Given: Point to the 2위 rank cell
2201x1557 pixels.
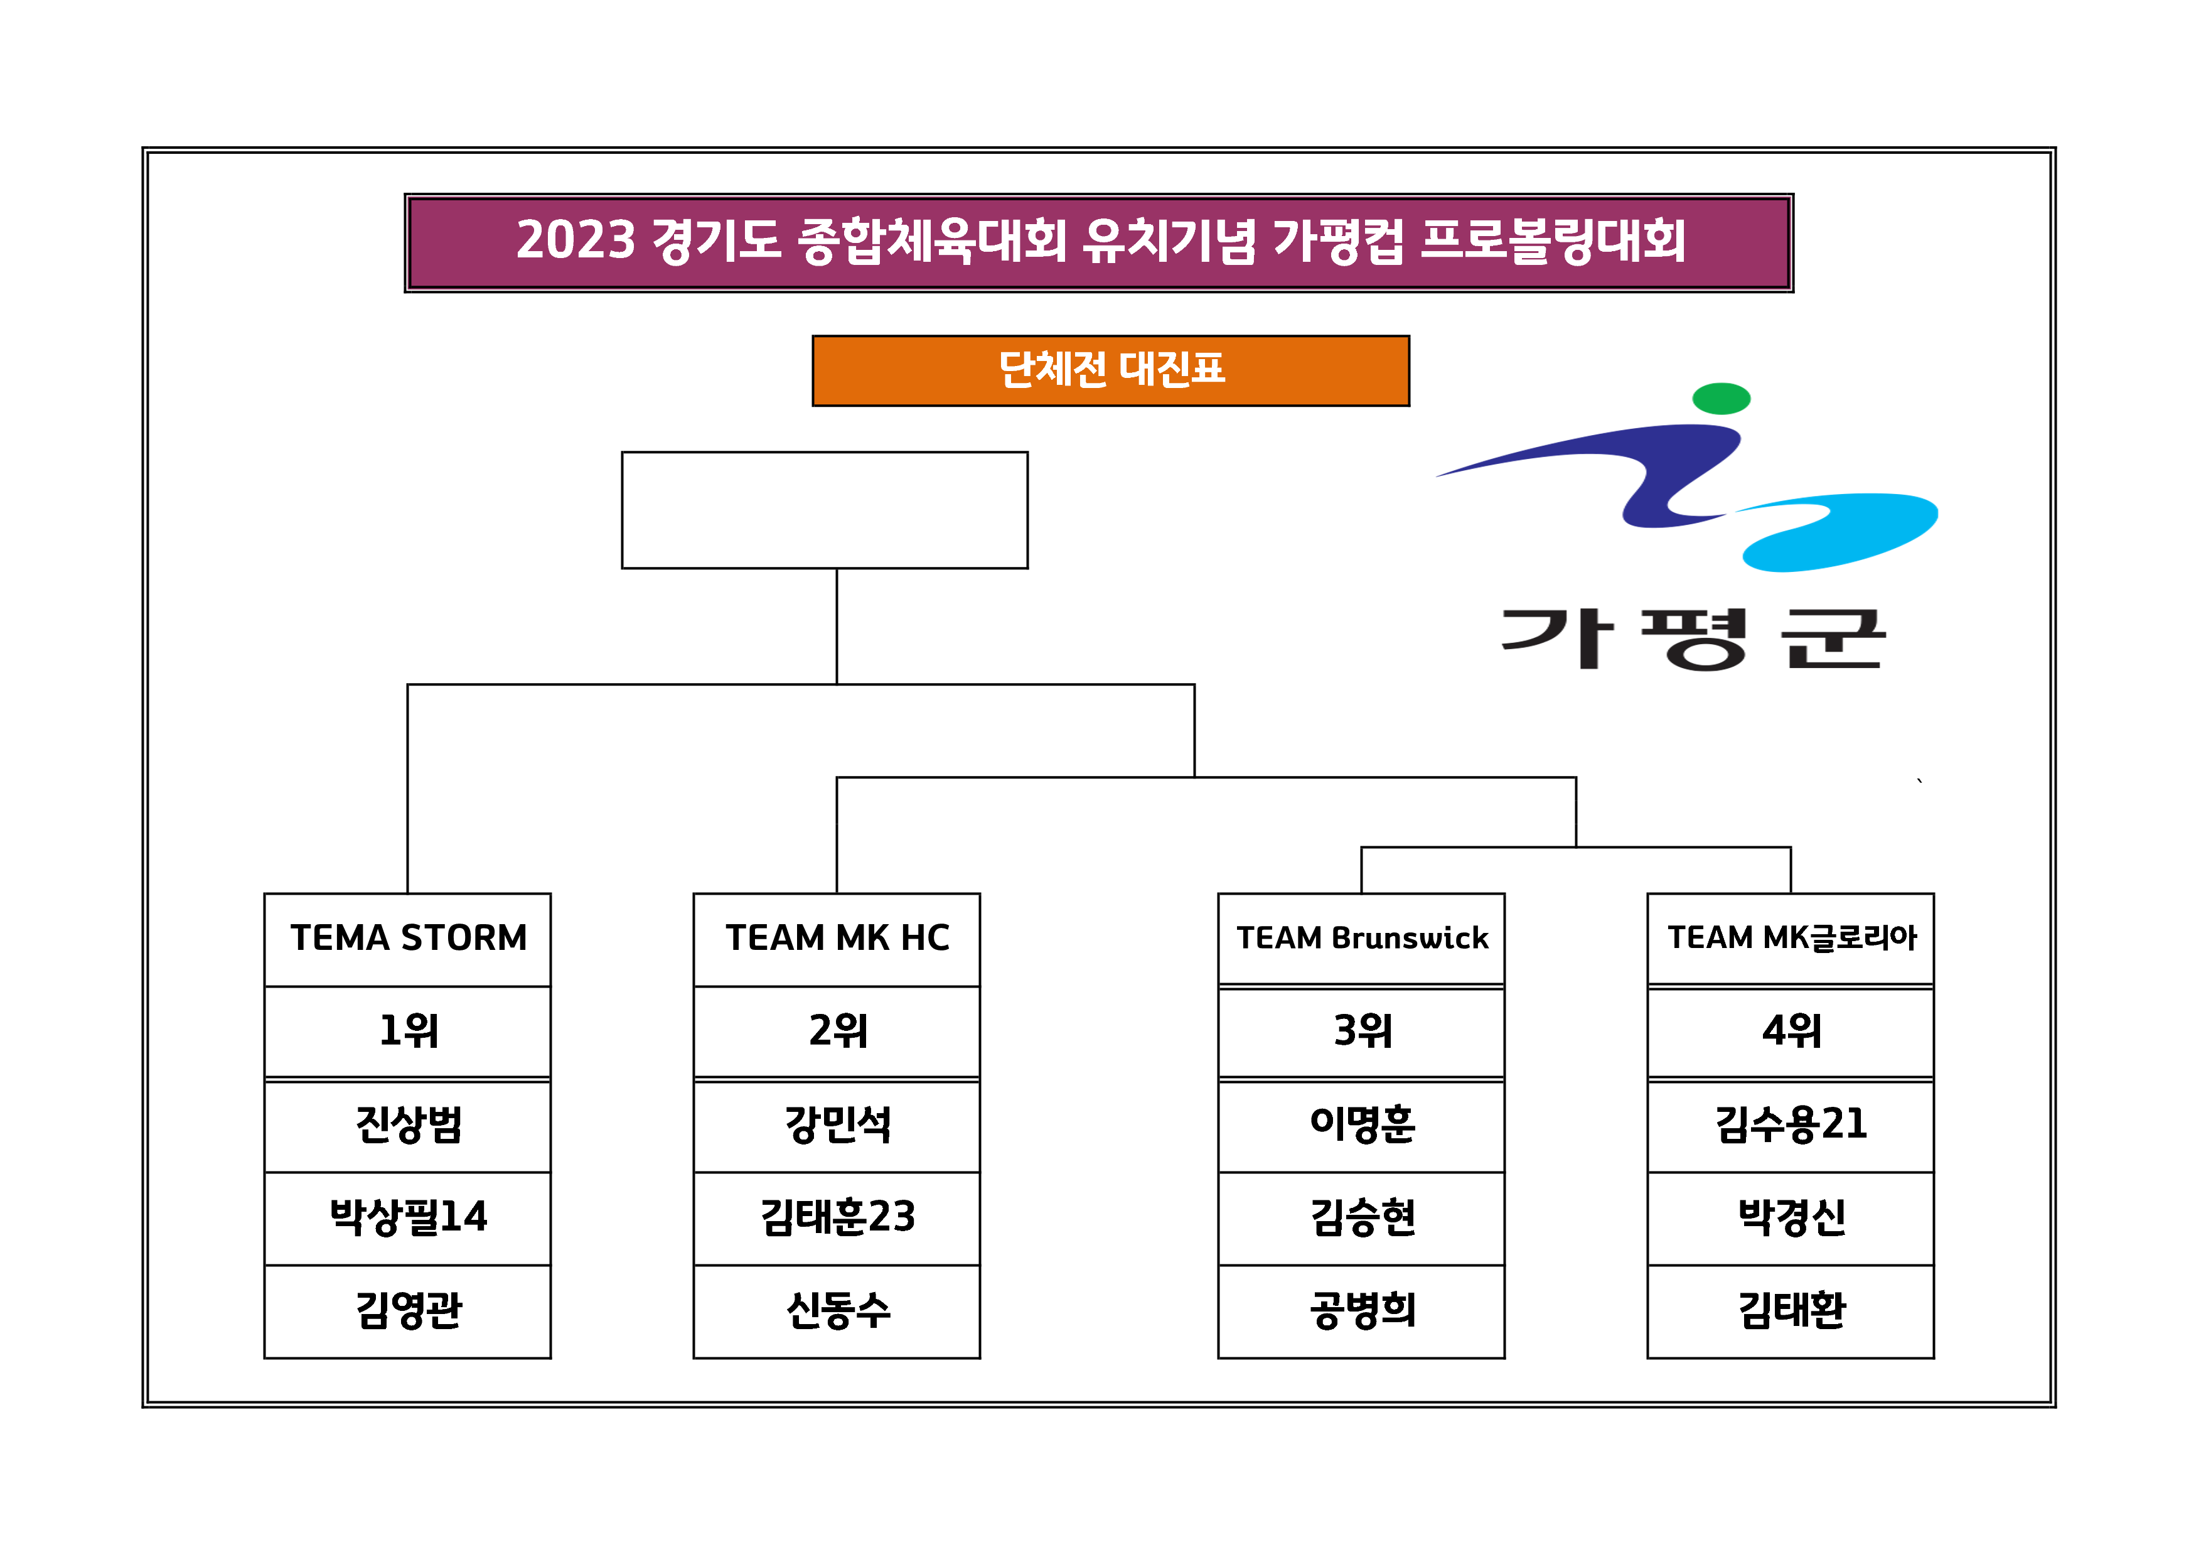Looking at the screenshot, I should [x=836, y=1032].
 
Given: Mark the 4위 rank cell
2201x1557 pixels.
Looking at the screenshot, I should [x=1790, y=1032].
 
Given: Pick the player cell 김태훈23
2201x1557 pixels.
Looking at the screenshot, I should [x=836, y=1217].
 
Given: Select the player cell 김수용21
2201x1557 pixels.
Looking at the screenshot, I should [x=1790, y=1124].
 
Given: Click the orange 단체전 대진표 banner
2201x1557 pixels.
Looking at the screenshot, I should [x=1110, y=370].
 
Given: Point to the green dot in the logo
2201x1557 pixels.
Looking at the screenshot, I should [x=1721, y=398].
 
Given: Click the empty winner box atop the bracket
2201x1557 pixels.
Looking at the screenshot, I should [x=825, y=510].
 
